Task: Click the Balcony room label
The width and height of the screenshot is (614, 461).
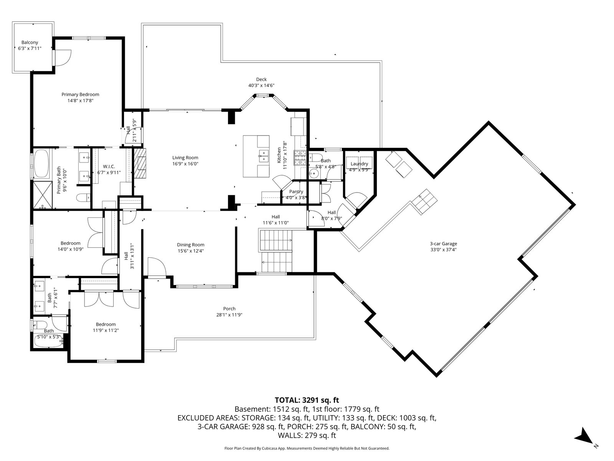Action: [x=30, y=43]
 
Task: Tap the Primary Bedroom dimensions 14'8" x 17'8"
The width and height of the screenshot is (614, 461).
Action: [x=80, y=101]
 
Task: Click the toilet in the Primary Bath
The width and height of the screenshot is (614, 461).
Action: [x=83, y=197]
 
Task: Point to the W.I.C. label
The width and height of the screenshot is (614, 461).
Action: [x=109, y=167]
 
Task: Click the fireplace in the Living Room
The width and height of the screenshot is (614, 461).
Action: [x=140, y=164]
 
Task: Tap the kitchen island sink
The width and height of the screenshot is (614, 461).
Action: [x=263, y=156]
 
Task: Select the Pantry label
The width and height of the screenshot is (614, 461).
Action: [x=296, y=192]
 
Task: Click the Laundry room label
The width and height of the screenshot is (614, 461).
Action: [x=360, y=164]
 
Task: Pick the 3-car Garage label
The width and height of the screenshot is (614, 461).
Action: [x=443, y=244]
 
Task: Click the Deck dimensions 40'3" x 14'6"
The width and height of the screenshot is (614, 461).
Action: [x=261, y=86]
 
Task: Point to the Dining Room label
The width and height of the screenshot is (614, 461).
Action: [x=191, y=245]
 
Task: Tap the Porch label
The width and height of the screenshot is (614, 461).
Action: [x=229, y=309]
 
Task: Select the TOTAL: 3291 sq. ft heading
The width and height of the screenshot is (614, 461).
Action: [x=307, y=400]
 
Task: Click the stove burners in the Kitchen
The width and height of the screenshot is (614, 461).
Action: [x=300, y=158]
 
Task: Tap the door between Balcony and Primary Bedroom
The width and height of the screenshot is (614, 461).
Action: [x=62, y=58]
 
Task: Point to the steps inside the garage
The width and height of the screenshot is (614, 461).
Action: [x=424, y=202]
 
